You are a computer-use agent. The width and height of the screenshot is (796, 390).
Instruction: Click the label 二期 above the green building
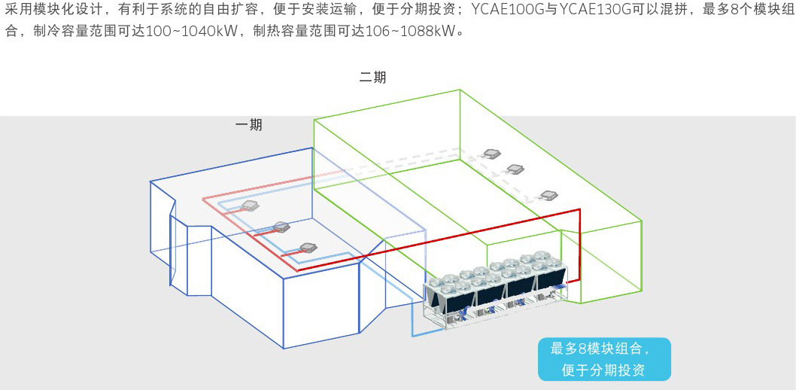[x=372, y=78]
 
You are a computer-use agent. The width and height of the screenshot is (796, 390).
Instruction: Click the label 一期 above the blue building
[x=249, y=125]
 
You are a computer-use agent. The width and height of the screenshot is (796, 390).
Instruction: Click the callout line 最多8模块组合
[x=600, y=349]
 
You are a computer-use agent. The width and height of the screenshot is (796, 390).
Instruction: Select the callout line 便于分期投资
[x=604, y=370]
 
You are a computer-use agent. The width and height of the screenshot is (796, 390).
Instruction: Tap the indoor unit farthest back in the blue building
[x=249, y=205]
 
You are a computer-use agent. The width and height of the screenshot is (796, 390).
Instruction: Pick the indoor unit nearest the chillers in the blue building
[x=308, y=246]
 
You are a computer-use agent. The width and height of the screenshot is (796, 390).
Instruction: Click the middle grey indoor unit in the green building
[x=515, y=169]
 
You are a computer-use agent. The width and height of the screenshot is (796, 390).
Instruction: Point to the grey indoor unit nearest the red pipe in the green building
[x=550, y=195]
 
